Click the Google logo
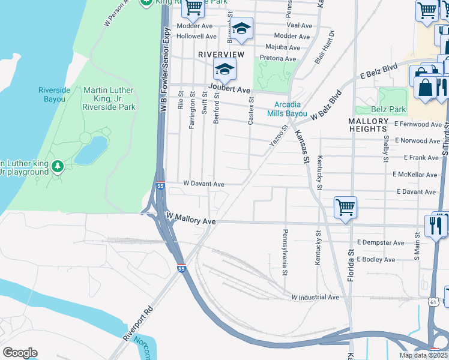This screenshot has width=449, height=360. click(20, 353)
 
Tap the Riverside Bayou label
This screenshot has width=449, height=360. click(55, 94)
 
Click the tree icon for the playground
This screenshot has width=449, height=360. click(58, 164)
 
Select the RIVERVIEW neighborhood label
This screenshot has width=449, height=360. click(221, 55)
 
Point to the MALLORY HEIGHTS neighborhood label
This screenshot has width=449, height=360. click(367, 125)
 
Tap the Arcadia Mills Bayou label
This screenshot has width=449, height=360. click(286, 109)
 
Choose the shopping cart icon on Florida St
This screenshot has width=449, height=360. click(346, 208)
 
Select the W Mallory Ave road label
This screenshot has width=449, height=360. click(191, 219)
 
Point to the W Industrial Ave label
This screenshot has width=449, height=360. click(315, 297)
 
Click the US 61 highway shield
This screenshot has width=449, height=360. click(433, 302)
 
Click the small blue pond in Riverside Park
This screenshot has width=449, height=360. click(91, 151)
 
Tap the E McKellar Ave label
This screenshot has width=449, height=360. click(417, 175)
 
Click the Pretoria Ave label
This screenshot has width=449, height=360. click(277, 59)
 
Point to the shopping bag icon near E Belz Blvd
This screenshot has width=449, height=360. click(425, 86)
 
